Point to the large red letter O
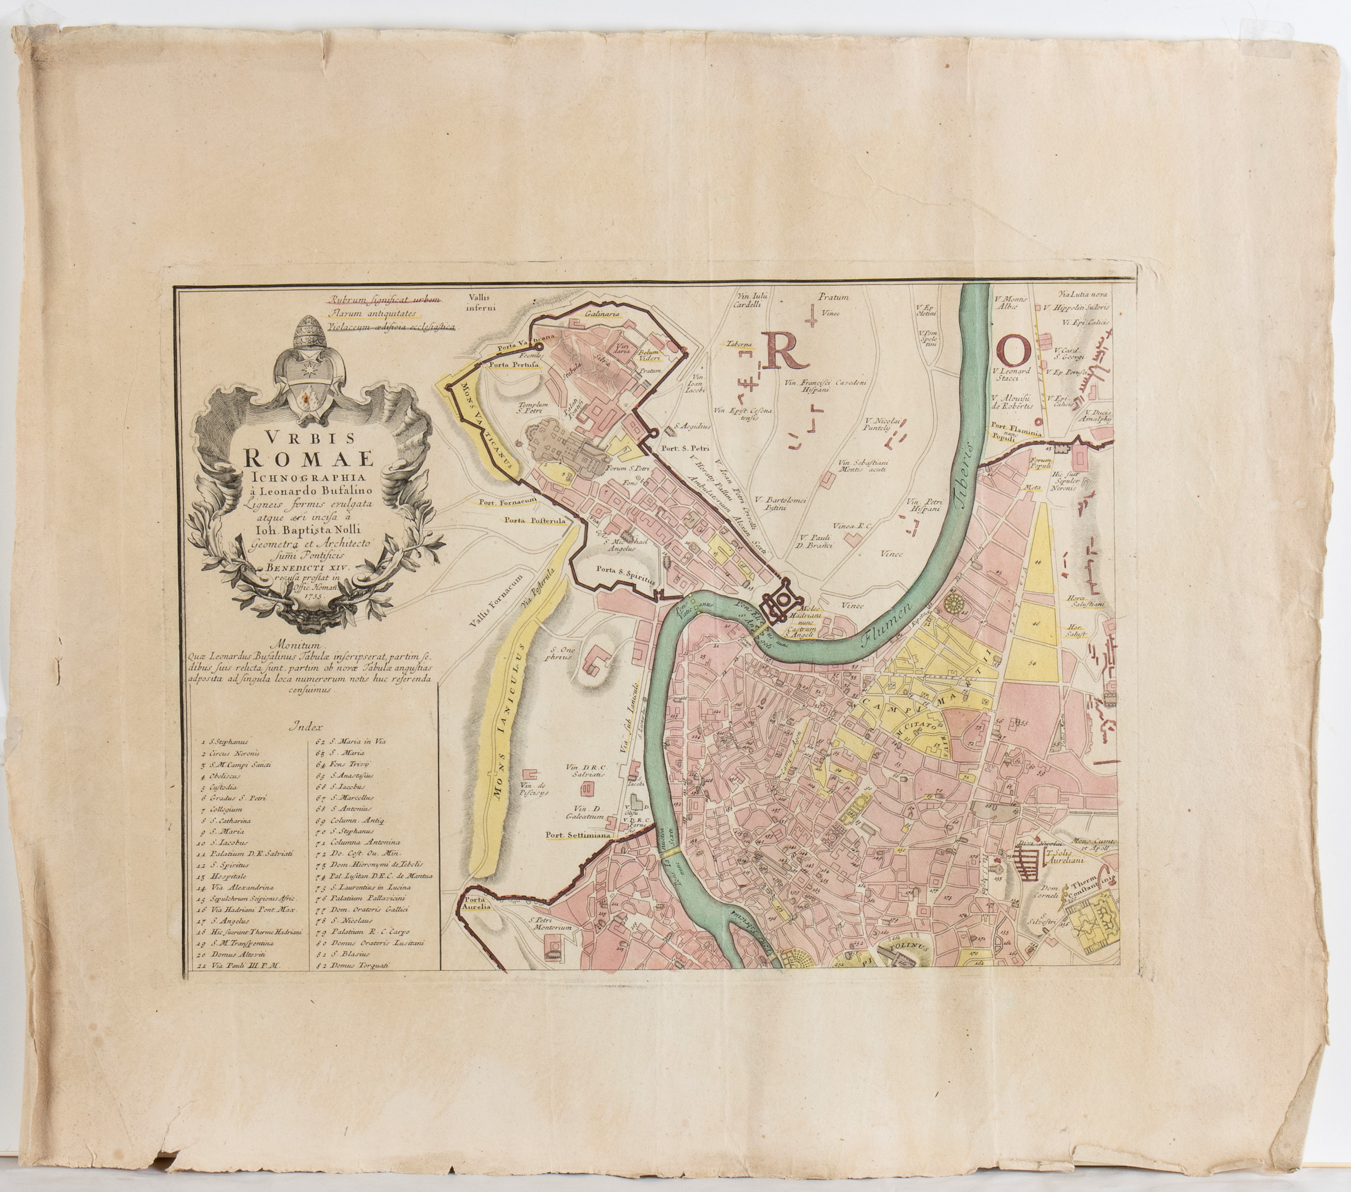click(x=1013, y=348)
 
